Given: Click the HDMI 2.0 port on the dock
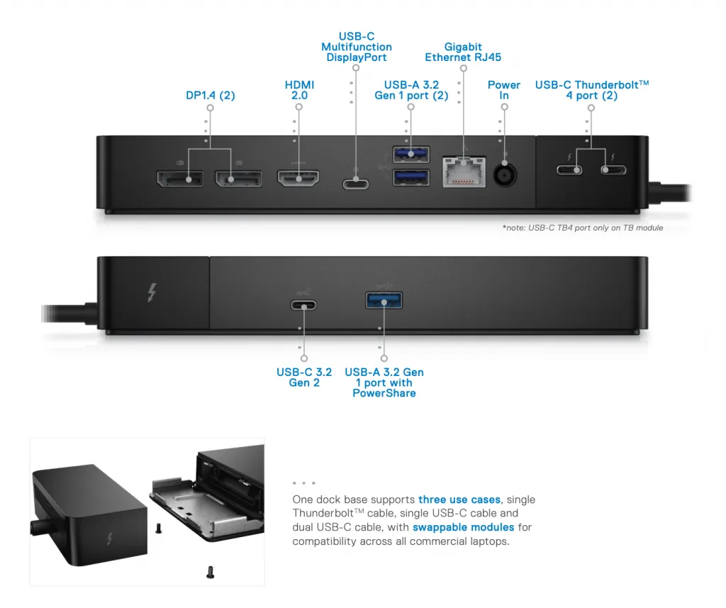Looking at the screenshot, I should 298,178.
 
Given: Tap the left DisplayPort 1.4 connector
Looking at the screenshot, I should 178,178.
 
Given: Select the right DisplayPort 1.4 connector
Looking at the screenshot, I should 238,178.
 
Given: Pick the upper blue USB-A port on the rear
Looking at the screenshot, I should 411,154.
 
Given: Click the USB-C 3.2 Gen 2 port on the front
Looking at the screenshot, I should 303,306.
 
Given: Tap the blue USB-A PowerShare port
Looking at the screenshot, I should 384,301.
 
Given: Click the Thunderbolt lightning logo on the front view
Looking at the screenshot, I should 151,293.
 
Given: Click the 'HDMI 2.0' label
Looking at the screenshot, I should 299,90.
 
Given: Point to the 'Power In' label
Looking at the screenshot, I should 504,90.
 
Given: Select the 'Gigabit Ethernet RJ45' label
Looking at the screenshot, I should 463,52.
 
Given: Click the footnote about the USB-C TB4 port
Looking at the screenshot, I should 582,228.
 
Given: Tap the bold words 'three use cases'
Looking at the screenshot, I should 459,499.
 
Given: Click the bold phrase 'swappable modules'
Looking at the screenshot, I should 463,527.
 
